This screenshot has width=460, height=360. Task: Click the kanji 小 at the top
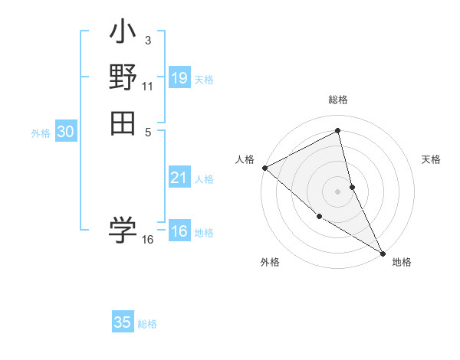[x=123, y=34]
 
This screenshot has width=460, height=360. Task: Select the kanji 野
[x=123, y=78]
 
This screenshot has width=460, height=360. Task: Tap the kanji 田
[x=123, y=123]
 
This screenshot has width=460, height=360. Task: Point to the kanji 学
[x=123, y=229]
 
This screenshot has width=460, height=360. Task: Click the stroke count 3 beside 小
[x=148, y=40]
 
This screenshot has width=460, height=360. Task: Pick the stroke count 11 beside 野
[x=148, y=86]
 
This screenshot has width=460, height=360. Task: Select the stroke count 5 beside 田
[x=148, y=131]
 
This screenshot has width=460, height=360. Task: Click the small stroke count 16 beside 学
[x=148, y=240]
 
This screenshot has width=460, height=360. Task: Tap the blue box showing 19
[x=179, y=78]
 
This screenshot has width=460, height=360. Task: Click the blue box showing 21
[x=179, y=178]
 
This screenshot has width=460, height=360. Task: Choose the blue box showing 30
[x=66, y=132]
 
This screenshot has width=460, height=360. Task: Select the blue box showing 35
[x=123, y=322]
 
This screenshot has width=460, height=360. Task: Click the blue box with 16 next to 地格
[x=179, y=232]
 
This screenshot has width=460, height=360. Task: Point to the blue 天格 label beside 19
[x=204, y=80]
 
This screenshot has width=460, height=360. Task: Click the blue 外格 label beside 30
[x=41, y=133]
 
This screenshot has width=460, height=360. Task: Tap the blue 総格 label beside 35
[x=147, y=324]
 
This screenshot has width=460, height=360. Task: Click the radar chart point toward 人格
[x=264, y=167]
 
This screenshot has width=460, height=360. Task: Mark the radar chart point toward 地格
[x=382, y=252]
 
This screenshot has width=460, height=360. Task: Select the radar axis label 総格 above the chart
[x=338, y=100]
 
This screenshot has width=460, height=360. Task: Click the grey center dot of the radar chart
[x=338, y=191]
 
